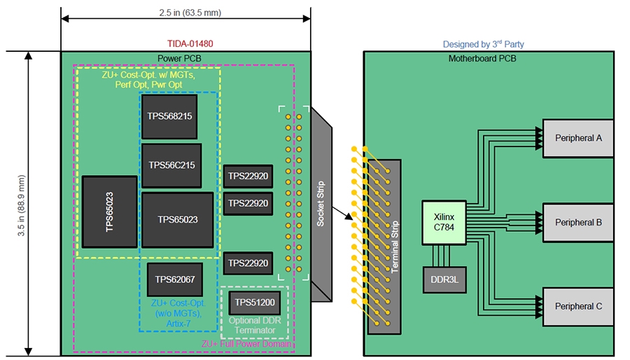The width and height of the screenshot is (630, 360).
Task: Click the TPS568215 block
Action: [169, 116]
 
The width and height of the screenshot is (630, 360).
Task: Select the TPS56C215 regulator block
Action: [171, 165]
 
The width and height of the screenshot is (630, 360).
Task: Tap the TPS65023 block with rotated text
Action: [109, 211]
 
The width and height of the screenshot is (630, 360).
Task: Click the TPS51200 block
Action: [254, 303]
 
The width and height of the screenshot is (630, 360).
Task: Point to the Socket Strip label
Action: [321, 204]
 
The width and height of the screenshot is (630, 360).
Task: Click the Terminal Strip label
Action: [395, 247]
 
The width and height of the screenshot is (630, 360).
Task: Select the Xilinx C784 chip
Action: [444, 223]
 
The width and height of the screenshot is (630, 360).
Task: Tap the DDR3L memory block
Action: [444, 279]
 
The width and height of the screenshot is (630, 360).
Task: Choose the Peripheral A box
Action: [578, 138]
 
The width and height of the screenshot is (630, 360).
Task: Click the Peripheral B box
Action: [578, 223]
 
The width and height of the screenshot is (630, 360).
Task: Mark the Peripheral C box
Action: [578, 307]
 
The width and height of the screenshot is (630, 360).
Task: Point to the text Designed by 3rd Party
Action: [483, 44]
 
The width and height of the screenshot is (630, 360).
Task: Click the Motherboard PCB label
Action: [482, 58]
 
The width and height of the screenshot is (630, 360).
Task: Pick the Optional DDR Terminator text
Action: [254, 326]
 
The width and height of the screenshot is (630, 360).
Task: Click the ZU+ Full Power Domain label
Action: [246, 344]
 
